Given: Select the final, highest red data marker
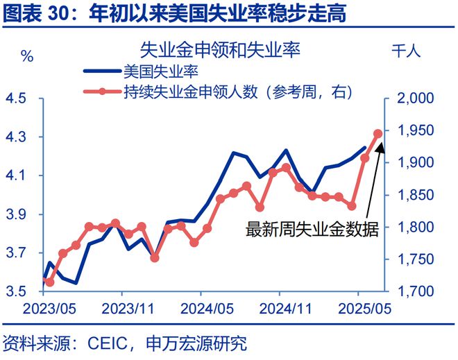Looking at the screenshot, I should (x=378, y=133).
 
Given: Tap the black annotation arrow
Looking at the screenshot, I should (x=371, y=177).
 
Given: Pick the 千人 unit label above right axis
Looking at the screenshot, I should (x=407, y=52).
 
